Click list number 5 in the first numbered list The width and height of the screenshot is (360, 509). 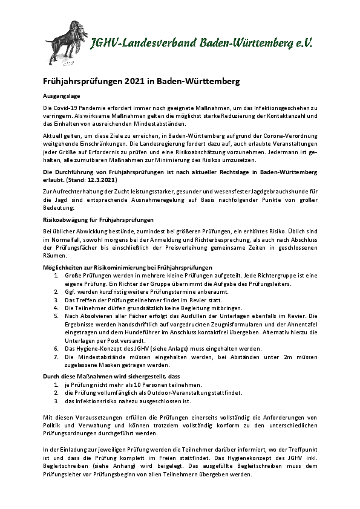pos(56,315)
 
